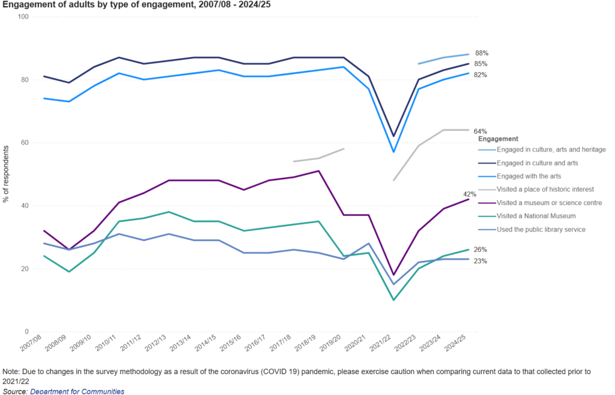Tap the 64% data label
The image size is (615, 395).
pos(480,131)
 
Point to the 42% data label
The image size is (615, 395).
pos(470,194)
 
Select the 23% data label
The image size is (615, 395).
pos(480,261)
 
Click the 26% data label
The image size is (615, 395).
pos(480,250)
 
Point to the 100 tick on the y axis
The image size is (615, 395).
pos(23,17)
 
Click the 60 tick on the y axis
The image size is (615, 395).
pos(25,142)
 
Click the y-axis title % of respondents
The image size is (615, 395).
pos(6,174)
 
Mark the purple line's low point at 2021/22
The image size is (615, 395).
pos(393,275)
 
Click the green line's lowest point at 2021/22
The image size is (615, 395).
pos(393,300)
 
